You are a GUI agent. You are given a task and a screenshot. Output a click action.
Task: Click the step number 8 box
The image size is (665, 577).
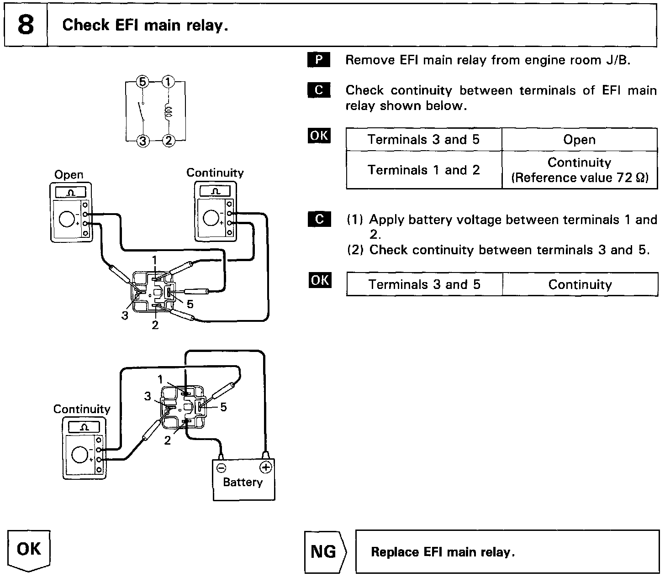(26, 25)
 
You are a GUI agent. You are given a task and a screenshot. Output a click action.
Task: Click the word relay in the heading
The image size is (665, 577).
(206, 26)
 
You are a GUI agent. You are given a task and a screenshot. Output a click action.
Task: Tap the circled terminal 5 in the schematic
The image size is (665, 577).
(142, 82)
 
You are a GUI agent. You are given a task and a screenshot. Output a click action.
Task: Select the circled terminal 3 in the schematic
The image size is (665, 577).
(143, 141)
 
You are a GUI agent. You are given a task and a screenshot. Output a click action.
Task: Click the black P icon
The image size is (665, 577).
(319, 60)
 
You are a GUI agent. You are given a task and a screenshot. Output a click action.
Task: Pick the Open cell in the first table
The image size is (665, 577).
(579, 140)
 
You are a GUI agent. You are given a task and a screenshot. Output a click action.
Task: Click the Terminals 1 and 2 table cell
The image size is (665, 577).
(423, 170)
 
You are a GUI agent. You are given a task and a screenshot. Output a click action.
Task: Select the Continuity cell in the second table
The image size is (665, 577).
(580, 285)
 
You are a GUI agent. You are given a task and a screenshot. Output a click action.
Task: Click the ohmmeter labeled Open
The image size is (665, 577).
(71, 212)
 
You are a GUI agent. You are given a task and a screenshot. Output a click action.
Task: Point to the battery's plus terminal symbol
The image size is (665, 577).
(265, 467)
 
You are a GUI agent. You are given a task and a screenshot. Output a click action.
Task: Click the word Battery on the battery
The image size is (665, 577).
(243, 483)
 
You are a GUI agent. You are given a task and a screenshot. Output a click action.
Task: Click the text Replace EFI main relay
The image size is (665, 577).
(443, 552)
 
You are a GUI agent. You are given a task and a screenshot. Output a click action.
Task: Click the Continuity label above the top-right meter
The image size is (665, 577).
(215, 173)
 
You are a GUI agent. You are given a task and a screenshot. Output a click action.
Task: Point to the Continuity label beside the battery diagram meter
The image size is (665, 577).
(82, 409)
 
